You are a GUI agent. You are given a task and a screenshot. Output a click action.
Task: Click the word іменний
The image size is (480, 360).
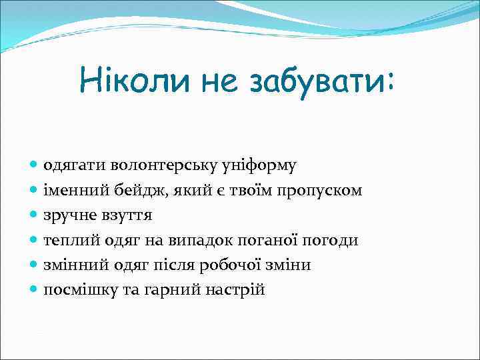tap(71, 191)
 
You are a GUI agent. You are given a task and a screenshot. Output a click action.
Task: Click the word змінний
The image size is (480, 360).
tap(73, 265)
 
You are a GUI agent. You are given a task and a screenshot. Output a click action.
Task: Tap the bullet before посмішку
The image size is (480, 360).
tap(35, 289)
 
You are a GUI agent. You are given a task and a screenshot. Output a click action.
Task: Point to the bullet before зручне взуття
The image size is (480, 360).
tap(35, 215)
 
